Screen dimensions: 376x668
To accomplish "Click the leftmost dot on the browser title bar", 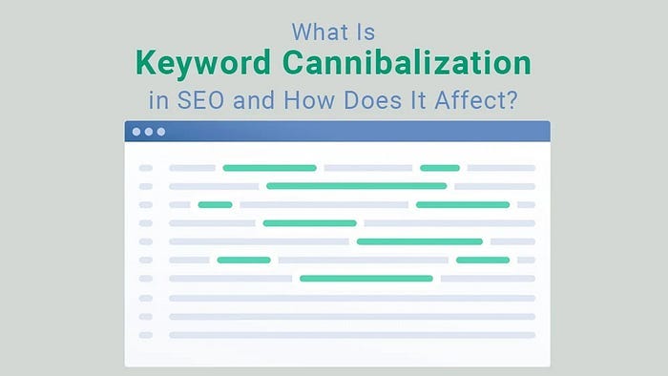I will (137, 132).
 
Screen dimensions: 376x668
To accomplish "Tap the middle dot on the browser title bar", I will (149, 132).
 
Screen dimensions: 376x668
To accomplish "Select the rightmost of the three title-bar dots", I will (160, 132).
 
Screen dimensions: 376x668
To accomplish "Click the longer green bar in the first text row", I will (269, 168).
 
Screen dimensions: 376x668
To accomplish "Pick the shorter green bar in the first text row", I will (439, 168).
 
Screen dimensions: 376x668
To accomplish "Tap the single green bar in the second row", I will (356, 186).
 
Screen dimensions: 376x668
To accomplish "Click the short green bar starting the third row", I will (215, 204).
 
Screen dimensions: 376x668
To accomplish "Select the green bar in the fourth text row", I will (309, 223).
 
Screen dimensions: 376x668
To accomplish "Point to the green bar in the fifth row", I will (419, 241).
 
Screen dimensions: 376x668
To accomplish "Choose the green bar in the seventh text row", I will (365, 279).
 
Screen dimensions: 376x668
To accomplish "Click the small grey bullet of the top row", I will (145, 168).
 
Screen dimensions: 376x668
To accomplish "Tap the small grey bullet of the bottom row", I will (145, 335).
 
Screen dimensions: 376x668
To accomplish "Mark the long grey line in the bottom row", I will (351, 335).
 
